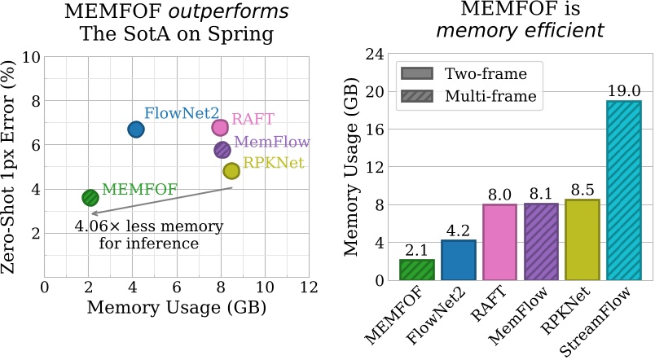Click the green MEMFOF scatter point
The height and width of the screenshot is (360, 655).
(90, 197)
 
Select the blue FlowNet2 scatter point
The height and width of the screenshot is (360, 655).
(136, 129)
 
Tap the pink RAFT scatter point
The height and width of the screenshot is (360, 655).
(220, 127)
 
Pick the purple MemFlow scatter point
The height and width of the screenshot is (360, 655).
(222, 149)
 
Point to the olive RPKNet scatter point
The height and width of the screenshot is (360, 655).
(231, 171)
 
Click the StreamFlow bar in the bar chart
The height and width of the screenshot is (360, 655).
(623, 191)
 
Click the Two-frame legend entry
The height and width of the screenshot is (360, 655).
(477, 73)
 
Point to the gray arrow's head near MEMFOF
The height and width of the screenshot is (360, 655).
(93, 213)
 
